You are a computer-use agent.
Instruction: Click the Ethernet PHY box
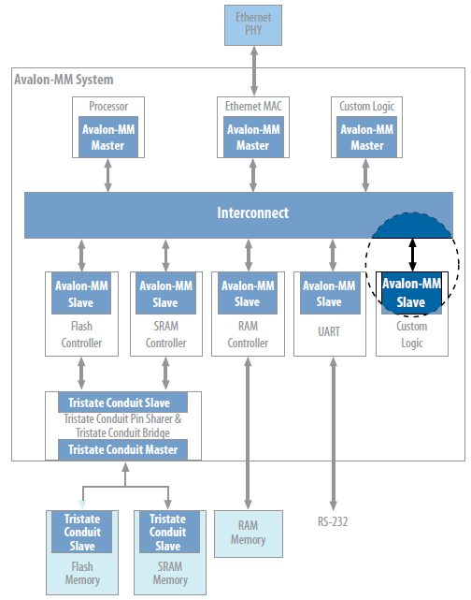coord(253,25)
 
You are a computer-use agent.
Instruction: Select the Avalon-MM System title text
coord(64,80)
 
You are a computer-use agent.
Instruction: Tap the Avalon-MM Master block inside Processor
coord(108,137)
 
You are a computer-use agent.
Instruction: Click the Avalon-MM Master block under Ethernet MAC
coord(253,137)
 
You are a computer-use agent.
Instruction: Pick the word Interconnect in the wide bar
coord(252,212)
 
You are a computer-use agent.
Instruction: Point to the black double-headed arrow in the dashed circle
coord(412,255)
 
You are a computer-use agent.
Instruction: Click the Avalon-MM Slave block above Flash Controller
coord(81,293)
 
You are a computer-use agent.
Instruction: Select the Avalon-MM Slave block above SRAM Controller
coord(165,293)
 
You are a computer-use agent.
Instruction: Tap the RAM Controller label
coord(248,334)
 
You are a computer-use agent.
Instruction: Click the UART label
coord(329,331)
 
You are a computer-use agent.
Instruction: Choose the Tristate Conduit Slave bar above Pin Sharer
coord(122,402)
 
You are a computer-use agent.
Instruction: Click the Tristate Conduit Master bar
coord(122,449)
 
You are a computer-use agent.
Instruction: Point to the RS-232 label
coord(333,521)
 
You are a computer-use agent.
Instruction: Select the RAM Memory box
coord(249,534)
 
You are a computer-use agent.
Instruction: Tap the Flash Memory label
coord(82,573)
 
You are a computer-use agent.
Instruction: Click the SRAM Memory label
coord(170,573)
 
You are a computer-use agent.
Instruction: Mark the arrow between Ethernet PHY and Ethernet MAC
coord(253,71)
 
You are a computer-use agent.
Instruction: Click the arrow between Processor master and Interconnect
coord(108,175)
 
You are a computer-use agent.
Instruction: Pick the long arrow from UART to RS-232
coord(333,433)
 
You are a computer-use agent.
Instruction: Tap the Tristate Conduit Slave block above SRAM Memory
coord(169,532)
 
